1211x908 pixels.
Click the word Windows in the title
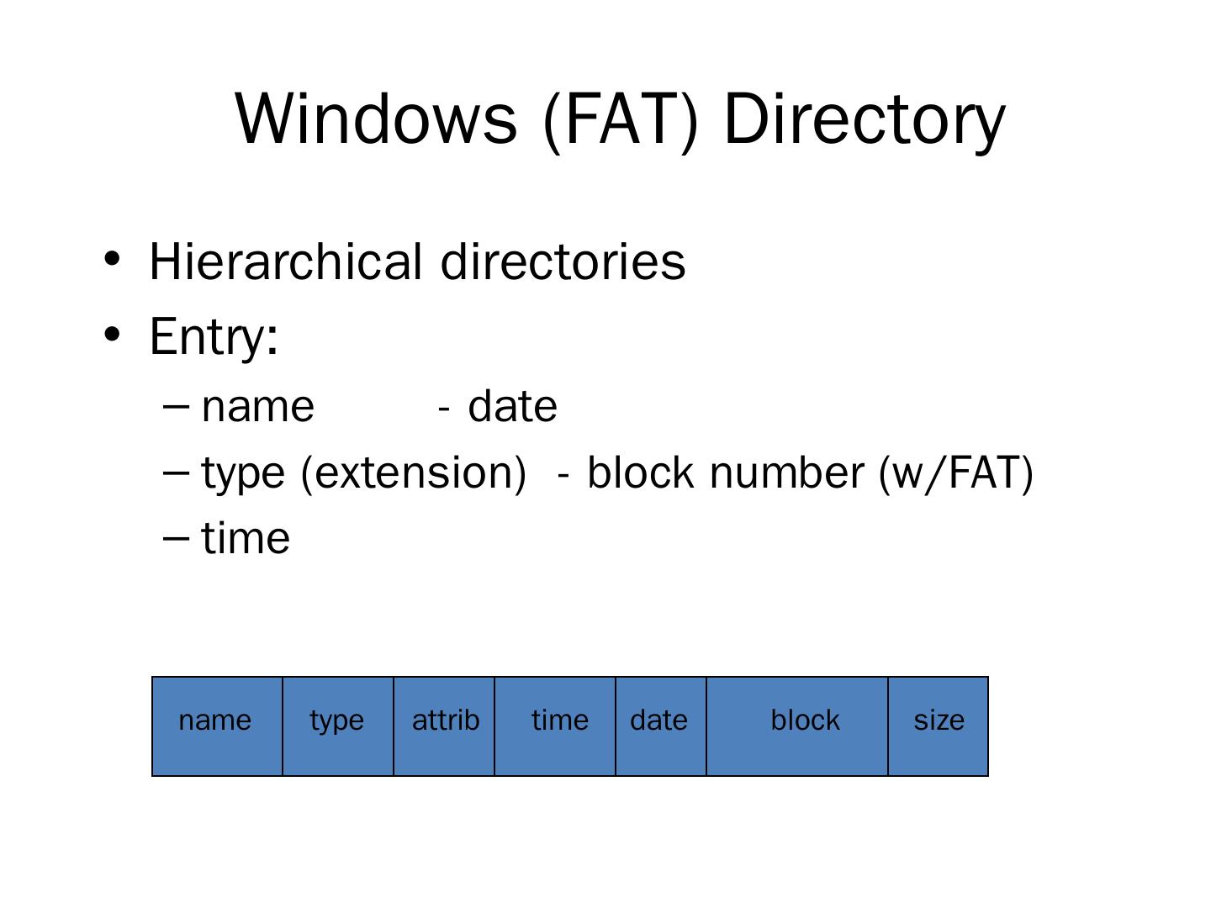click(375, 119)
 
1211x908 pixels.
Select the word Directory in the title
click(864, 119)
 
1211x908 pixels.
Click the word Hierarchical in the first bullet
click(285, 261)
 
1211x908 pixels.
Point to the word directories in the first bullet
click(563, 261)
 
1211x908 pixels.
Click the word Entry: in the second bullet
click(214, 336)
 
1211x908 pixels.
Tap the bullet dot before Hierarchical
click(112, 258)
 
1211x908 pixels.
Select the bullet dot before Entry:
click(112, 334)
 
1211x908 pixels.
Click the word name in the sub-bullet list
click(258, 407)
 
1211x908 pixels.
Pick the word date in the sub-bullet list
click(512, 407)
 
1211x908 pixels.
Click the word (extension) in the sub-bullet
click(413, 472)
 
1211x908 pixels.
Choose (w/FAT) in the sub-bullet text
click(955, 472)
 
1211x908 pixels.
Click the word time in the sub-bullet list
click(246, 538)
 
